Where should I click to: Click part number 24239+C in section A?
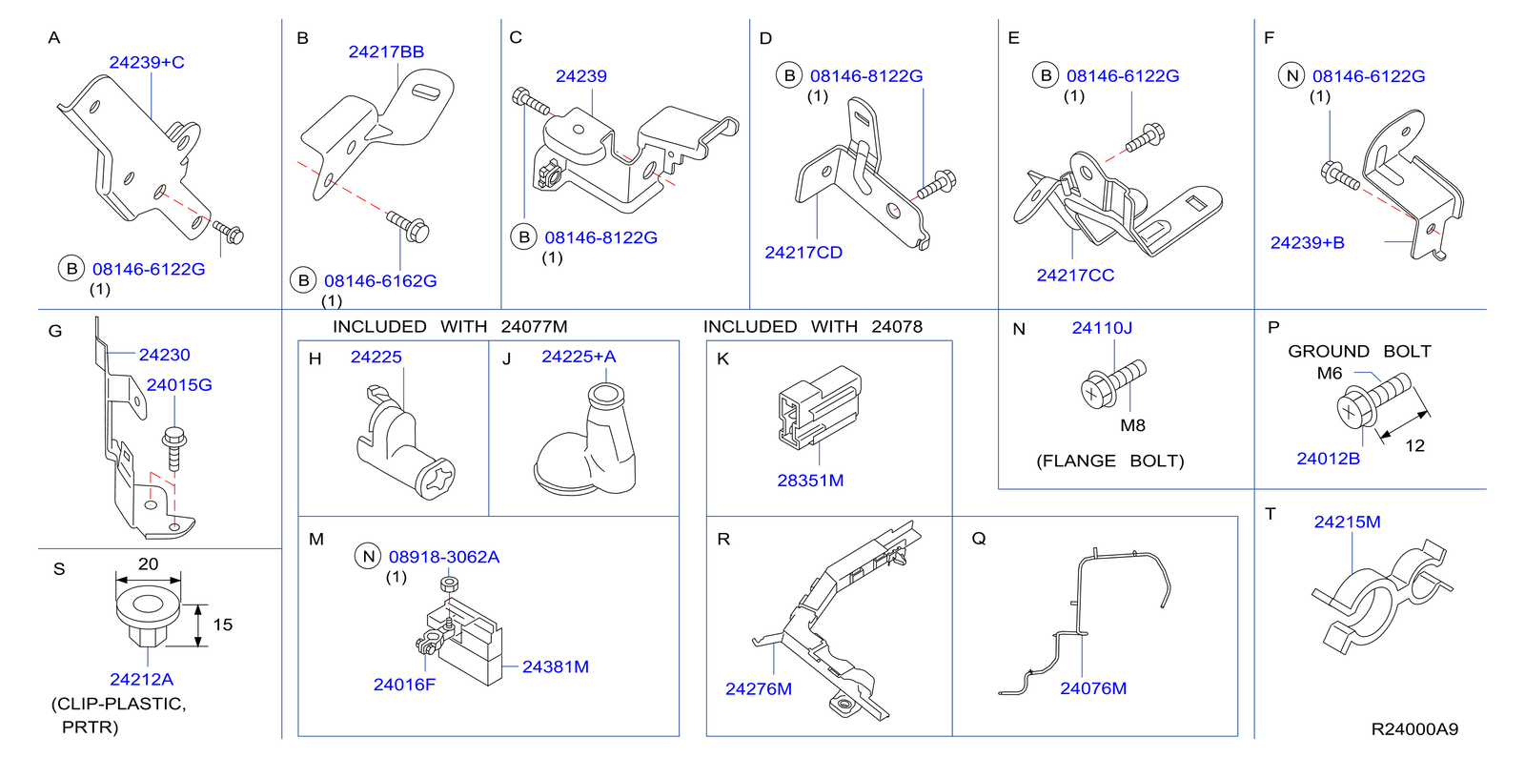click(x=147, y=63)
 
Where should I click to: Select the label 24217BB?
click(x=386, y=52)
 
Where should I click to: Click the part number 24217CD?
click(x=803, y=253)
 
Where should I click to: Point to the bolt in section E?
click(x=1142, y=139)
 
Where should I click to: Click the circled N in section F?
click(x=1291, y=76)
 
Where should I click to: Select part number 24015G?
click(x=179, y=385)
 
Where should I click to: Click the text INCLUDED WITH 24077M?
click(x=449, y=327)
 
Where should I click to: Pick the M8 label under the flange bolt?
click(x=1132, y=426)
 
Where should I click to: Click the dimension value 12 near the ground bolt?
click(x=1414, y=446)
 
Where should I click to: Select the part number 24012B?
click(x=1328, y=459)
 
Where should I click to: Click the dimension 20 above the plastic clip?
click(x=148, y=564)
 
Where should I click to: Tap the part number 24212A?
click(x=141, y=680)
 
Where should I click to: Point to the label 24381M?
click(x=555, y=667)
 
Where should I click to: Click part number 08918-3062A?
click(x=443, y=557)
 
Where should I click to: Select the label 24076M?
click(x=1092, y=688)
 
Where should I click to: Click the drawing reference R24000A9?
click(x=1413, y=729)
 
